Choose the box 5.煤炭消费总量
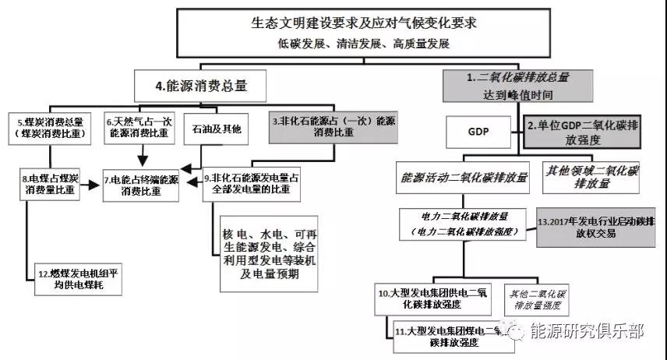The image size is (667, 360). (53, 129)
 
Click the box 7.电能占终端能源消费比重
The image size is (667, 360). (140, 185)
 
